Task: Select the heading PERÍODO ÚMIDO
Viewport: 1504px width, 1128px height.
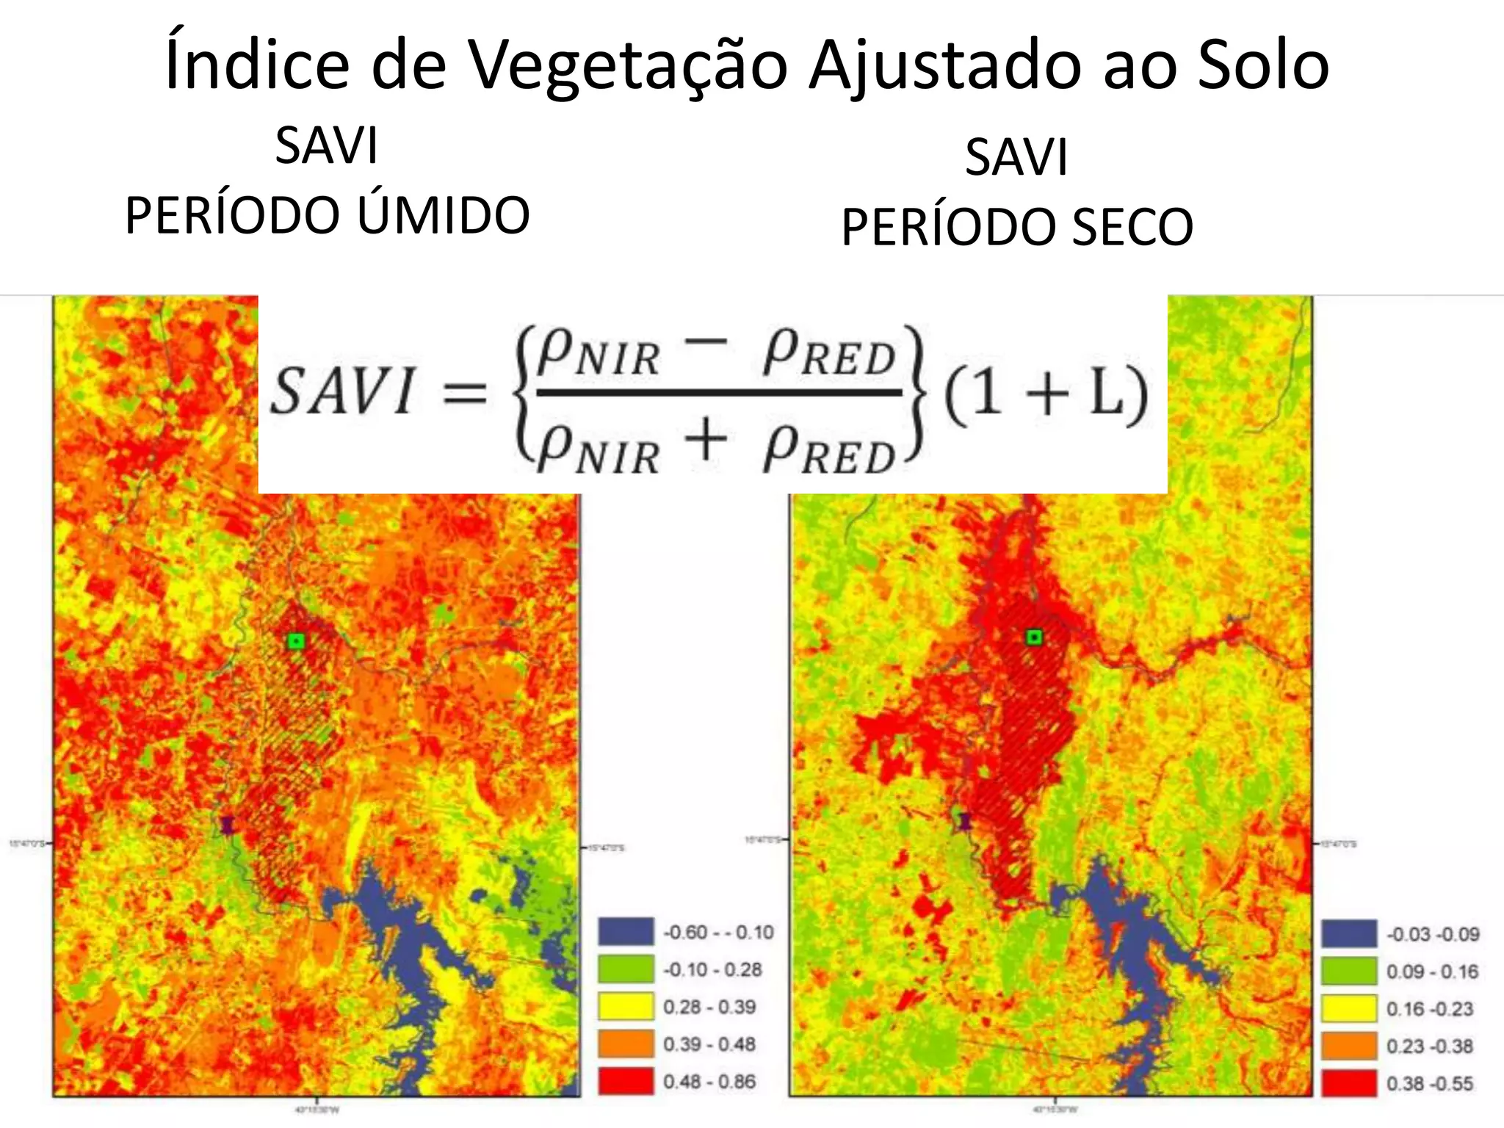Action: tap(328, 215)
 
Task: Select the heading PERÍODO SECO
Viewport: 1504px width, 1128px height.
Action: tap(1017, 226)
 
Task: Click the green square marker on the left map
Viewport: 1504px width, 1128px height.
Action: tap(296, 641)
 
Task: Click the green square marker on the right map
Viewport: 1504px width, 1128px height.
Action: tap(1034, 637)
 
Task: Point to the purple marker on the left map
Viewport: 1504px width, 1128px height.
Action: tap(228, 825)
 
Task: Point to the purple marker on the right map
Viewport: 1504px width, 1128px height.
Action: tap(965, 821)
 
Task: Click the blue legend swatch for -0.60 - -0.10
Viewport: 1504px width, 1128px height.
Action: tap(626, 931)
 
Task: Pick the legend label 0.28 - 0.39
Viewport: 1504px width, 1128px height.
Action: tap(709, 1007)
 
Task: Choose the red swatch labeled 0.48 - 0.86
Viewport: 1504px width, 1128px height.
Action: tap(626, 1081)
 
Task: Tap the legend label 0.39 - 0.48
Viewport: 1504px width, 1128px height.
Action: tap(709, 1044)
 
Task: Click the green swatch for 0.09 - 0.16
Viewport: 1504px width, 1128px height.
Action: tap(1349, 971)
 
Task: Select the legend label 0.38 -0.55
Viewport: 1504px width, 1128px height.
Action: tap(1430, 1084)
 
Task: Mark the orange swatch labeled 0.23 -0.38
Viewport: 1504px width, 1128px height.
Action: tap(1349, 1046)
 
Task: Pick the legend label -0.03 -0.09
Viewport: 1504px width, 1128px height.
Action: tap(1433, 935)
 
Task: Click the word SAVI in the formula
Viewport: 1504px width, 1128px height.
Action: tap(342, 391)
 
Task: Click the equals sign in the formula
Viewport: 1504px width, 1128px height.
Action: tap(465, 394)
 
